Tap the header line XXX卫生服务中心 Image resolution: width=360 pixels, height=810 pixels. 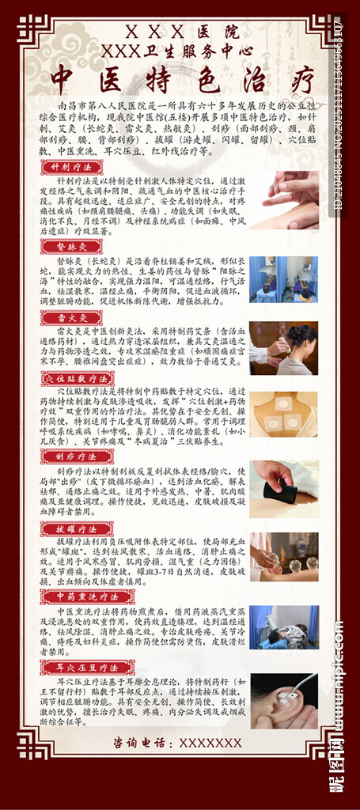click(180, 50)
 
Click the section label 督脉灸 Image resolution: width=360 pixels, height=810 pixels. click(71, 247)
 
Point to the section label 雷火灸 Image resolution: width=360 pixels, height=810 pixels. click(71, 316)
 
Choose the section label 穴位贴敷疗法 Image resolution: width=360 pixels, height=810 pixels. click(89, 379)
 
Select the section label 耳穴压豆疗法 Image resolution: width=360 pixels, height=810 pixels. click(88, 668)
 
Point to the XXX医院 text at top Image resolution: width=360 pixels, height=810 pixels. click(181, 32)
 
